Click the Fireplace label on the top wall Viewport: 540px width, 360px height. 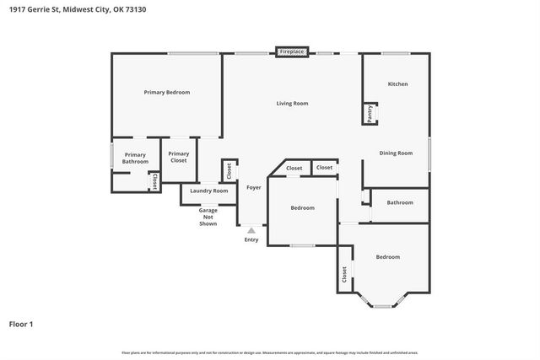(x=292, y=52)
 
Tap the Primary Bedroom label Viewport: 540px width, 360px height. (x=166, y=92)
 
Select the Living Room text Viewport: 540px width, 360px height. (x=292, y=104)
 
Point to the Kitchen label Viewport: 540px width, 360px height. (x=397, y=84)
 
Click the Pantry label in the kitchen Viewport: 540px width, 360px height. (x=370, y=114)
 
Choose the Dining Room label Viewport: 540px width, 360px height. (x=396, y=153)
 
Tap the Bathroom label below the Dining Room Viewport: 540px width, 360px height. (x=400, y=202)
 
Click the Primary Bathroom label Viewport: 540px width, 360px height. (x=135, y=158)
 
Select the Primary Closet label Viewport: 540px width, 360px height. (x=178, y=157)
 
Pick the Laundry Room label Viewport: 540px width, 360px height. (x=208, y=191)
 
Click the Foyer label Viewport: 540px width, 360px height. (x=253, y=187)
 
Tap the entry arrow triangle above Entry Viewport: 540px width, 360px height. (x=251, y=229)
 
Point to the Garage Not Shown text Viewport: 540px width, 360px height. (x=208, y=216)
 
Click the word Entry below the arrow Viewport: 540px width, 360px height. (x=251, y=240)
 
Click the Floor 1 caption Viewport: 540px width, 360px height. (x=21, y=323)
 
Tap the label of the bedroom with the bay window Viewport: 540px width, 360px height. (x=387, y=257)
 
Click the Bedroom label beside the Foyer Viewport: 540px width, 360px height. (x=302, y=208)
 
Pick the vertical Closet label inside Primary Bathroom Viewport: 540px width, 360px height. (x=154, y=181)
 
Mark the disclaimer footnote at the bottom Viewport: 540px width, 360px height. (x=269, y=352)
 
